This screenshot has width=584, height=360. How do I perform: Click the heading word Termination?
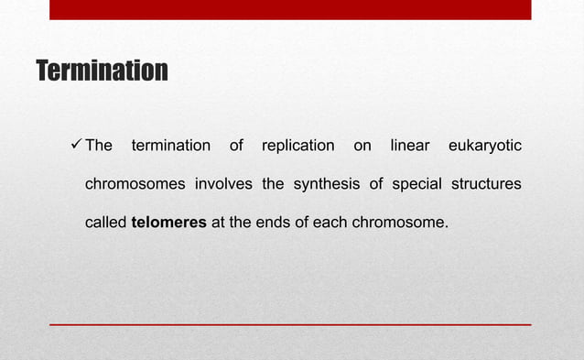tap(101, 71)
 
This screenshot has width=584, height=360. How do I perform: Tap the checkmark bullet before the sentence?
tap(76, 146)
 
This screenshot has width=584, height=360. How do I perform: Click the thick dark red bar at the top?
tap(290, 9)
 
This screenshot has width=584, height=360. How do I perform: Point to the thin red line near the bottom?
tap(290, 324)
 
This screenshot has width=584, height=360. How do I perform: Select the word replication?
tap(297, 147)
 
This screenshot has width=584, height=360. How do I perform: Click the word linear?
tap(410, 147)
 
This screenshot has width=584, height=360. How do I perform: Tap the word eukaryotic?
tap(485, 147)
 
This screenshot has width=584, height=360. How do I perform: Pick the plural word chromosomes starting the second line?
tap(135, 184)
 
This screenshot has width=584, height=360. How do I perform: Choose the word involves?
tap(224, 184)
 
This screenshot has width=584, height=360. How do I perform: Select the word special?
tap(416, 184)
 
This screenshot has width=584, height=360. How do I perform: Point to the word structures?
tap(485, 184)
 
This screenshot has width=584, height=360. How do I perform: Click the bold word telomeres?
tap(169, 222)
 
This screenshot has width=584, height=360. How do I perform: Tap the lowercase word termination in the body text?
tap(171, 147)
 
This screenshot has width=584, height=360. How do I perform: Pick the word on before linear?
tap(362, 147)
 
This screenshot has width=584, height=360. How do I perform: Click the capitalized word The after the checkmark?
tap(99, 147)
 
